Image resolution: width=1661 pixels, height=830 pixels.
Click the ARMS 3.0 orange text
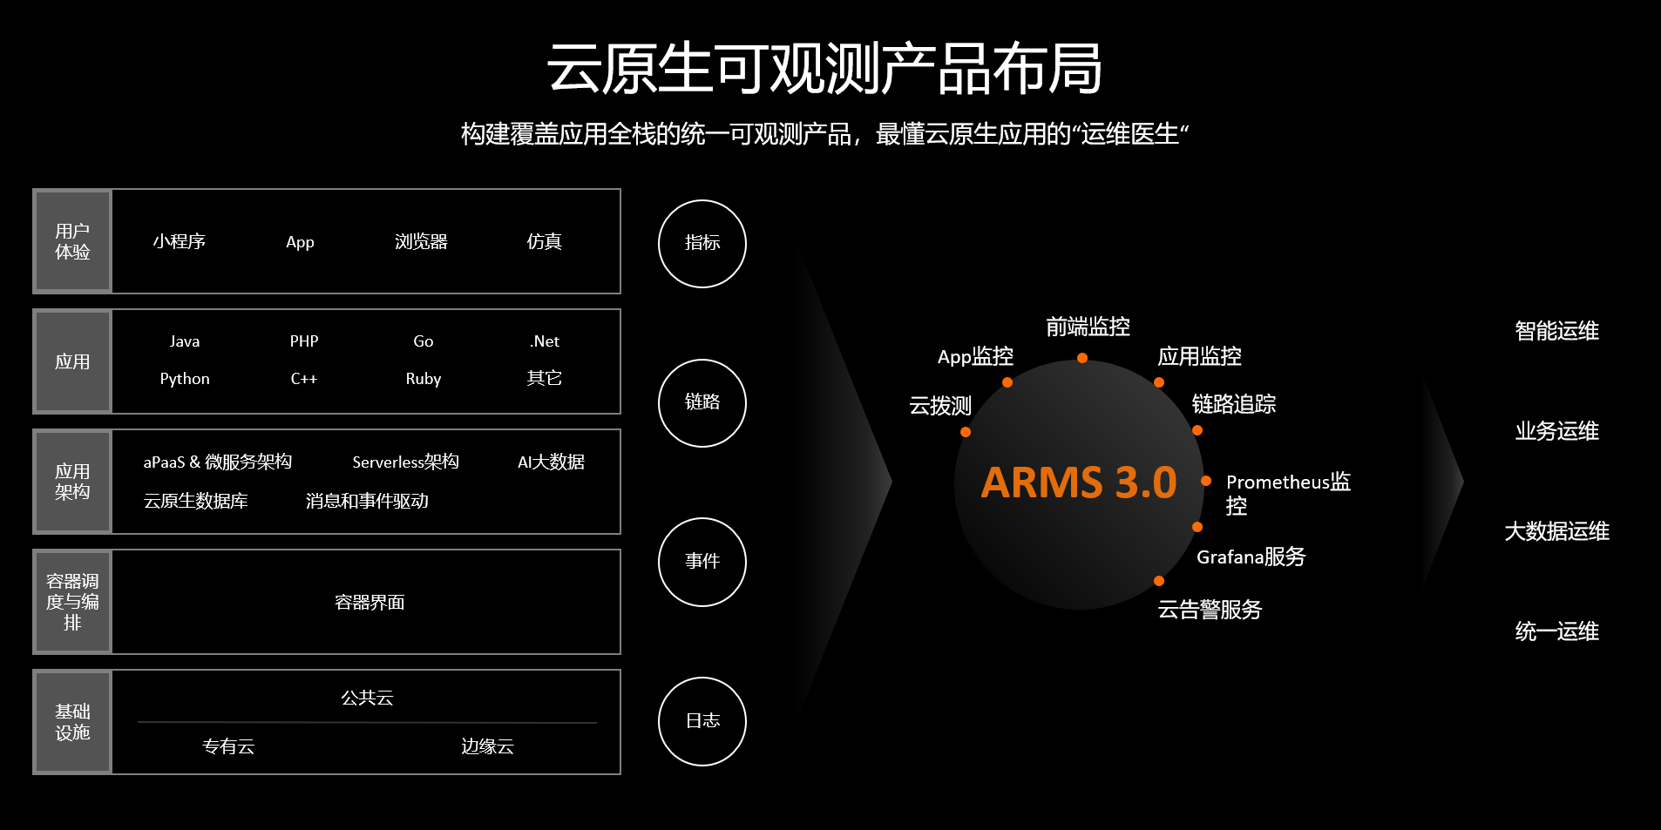1078,482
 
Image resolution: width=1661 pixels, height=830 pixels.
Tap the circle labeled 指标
702,244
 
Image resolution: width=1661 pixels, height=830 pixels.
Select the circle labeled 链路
702,402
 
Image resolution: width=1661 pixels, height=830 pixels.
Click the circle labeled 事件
702,562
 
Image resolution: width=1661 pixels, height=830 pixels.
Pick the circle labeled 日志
702,721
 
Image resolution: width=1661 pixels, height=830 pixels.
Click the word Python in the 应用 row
185,379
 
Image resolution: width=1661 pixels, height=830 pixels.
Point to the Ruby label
424,379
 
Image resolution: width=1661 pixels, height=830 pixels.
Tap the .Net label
545,341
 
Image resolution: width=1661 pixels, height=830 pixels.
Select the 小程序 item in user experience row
179,242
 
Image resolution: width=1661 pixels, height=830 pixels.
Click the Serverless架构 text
405,462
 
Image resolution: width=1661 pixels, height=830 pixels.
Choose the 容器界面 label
369,603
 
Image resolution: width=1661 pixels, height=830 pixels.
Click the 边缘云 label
487,746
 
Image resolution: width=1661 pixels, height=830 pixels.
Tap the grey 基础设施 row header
72,722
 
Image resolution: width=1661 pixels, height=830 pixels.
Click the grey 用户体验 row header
72,241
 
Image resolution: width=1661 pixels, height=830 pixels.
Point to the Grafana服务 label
1251,557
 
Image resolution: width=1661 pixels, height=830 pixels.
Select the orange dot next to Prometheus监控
1206,481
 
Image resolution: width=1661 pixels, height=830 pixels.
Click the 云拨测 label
939,406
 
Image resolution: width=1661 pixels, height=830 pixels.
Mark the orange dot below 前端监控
1081,358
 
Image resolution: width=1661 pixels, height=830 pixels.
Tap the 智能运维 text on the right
1556,331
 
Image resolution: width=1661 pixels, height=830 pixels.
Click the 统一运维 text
1556,631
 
